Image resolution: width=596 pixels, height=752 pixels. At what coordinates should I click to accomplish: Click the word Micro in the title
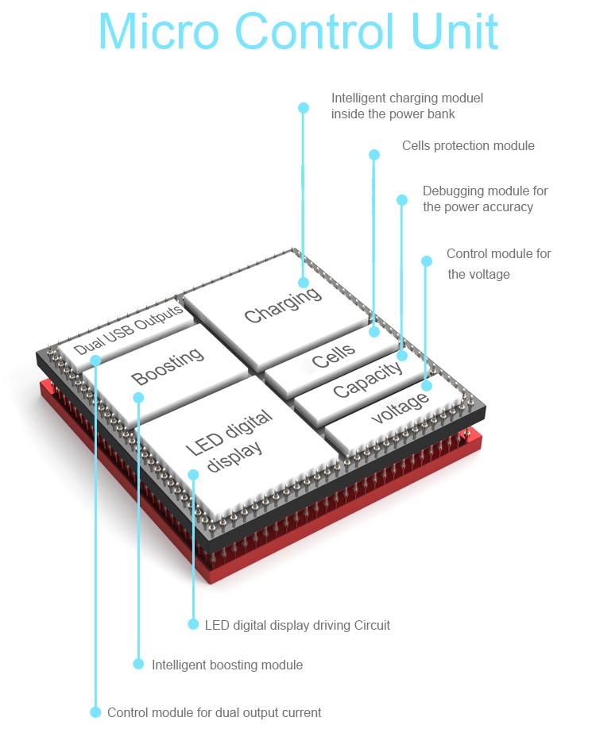[x=159, y=31]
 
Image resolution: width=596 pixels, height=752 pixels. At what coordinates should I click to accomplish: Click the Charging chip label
[x=283, y=305]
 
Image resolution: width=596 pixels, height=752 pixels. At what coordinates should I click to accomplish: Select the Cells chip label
[x=334, y=356]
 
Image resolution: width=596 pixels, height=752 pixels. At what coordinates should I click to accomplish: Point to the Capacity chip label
[x=368, y=380]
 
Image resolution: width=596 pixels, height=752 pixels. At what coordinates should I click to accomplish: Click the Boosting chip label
[x=168, y=366]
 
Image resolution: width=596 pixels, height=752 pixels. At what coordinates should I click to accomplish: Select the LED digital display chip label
[x=230, y=442]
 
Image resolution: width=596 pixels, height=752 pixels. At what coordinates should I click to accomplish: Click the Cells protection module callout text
[x=468, y=146]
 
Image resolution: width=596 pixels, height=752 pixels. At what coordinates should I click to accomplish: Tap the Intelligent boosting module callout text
[x=227, y=665]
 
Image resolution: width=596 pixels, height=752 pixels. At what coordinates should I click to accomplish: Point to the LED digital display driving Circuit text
[x=297, y=626]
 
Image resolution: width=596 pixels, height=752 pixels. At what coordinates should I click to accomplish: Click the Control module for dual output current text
[x=215, y=712]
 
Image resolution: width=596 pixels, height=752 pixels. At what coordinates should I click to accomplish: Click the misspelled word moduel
[x=462, y=98]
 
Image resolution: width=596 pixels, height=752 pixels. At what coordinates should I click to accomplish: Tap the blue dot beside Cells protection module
[x=374, y=154]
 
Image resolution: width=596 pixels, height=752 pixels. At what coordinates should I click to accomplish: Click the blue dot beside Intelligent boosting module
[x=138, y=664]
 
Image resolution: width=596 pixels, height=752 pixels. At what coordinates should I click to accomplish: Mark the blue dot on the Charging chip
[x=304, y=283]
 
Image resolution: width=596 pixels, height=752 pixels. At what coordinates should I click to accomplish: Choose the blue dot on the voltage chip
[x=427, y=385]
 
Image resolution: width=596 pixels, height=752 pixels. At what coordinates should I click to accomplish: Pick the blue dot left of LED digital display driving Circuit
[x=193, y=624]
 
